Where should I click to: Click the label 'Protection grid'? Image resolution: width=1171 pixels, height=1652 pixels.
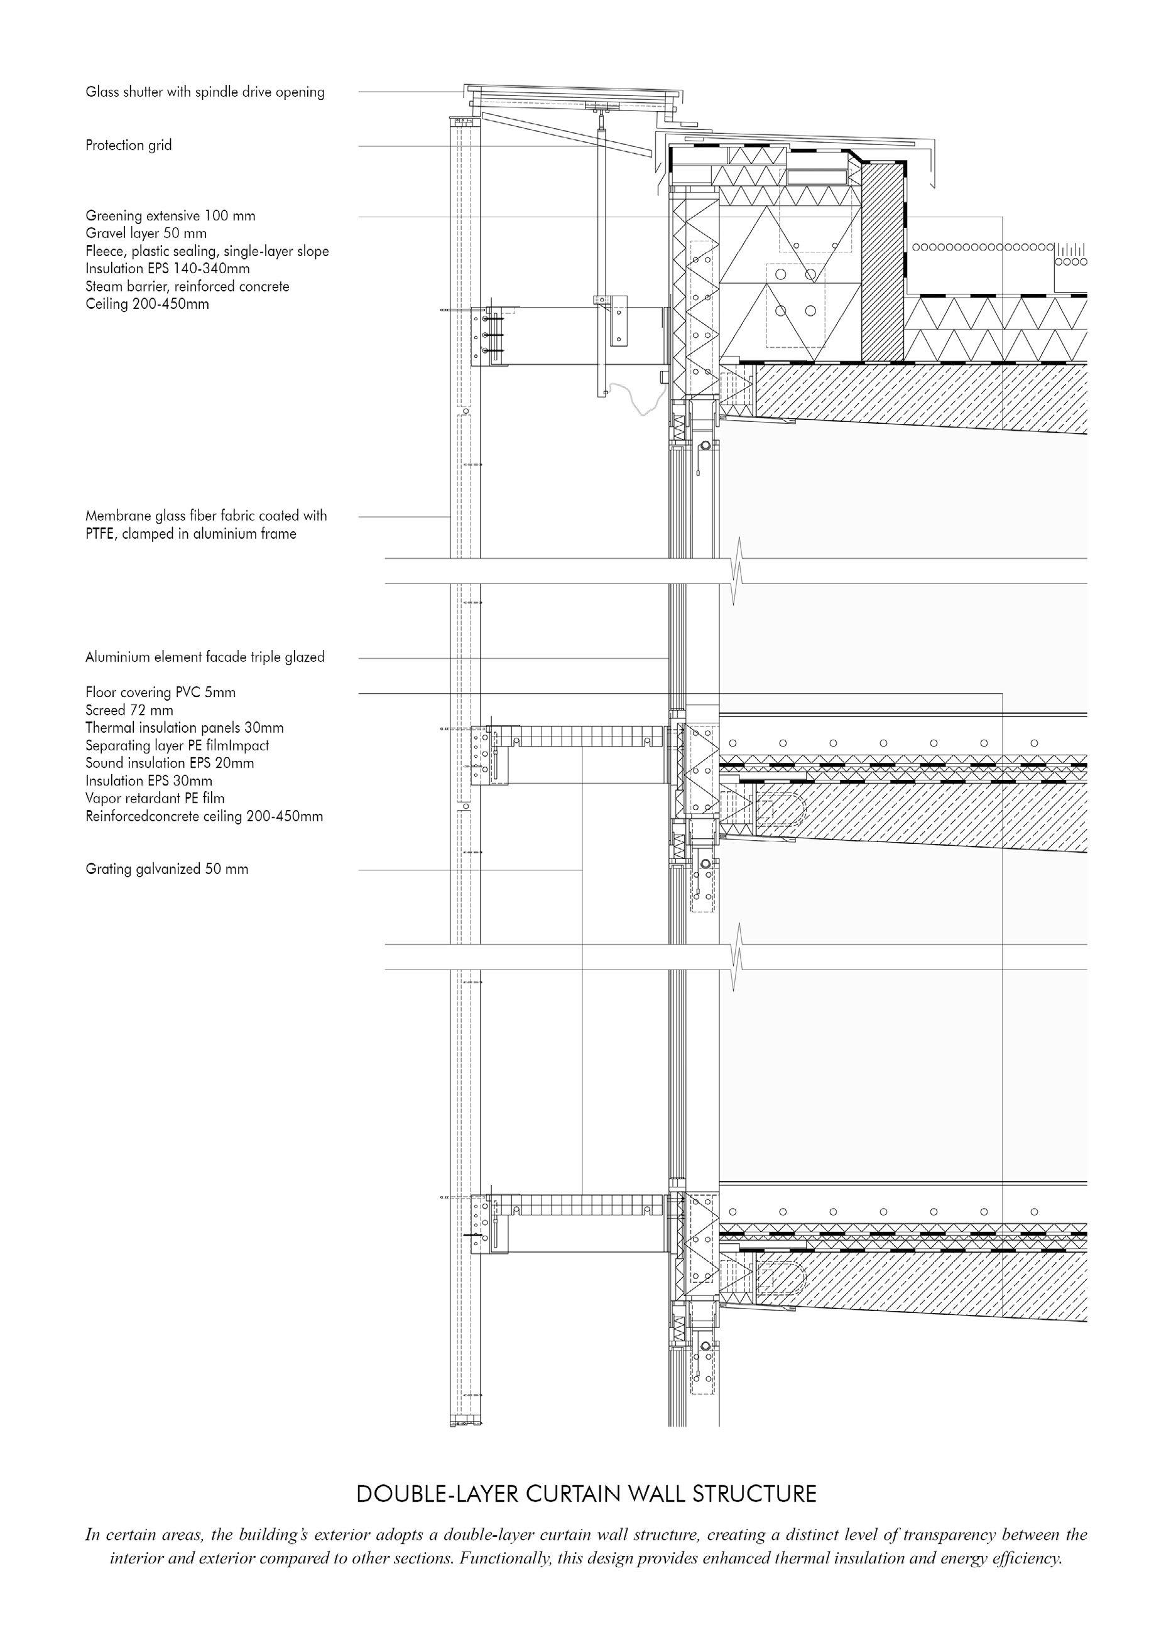[x=128, y=146]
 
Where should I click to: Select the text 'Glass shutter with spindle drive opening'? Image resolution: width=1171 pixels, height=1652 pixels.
[x=205, y=92]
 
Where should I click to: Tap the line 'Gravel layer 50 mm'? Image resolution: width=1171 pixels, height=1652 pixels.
[x=146, y=234]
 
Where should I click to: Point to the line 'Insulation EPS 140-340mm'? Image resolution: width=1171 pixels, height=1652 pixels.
[x=167, y=269]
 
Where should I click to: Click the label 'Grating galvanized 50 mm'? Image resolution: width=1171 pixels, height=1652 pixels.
[x=166, y=869]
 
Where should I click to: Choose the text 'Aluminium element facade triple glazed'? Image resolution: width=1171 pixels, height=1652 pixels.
[x=205, y=657]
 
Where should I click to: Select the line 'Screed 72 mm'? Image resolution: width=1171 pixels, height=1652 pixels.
[x=129, y=711]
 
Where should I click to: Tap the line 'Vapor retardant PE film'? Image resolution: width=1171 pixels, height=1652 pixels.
[x=155, y=799]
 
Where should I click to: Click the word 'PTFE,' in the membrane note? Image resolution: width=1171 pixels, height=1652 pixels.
[x=101, y=534]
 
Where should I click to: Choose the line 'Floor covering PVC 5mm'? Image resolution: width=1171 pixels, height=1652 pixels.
[x=160, y=693]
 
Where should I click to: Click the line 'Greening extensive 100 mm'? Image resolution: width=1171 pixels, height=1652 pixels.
[x=170, y=215]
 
